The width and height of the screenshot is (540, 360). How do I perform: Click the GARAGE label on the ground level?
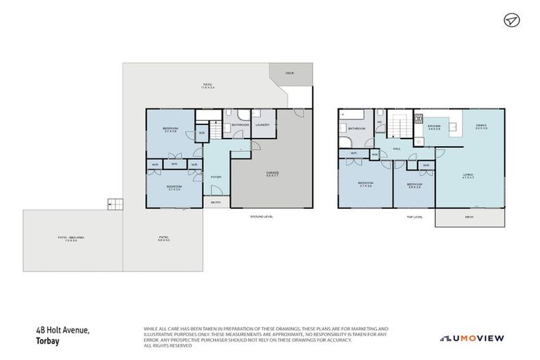[271, 173]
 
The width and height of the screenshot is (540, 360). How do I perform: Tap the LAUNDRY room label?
[263, 124]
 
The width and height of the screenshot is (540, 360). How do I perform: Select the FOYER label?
[216, 176]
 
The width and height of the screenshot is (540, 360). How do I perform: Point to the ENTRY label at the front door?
[216, 202]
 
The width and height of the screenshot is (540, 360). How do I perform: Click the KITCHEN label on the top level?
[435, 127]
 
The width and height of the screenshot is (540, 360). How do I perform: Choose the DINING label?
[481, 127]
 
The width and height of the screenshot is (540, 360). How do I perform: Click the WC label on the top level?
[379, 122]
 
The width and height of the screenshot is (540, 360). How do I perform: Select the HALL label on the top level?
[397, 149]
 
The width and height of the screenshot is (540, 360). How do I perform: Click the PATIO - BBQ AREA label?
[72, 238]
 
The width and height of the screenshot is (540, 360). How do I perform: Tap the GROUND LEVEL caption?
[262, 217]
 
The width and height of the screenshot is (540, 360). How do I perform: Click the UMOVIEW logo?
[472, 338]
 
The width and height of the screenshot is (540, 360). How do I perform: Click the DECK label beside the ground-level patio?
[289, 73]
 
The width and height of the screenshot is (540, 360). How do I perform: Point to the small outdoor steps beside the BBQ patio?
[115, 205]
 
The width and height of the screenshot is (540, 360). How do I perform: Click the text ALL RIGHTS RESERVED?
[167, 345]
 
